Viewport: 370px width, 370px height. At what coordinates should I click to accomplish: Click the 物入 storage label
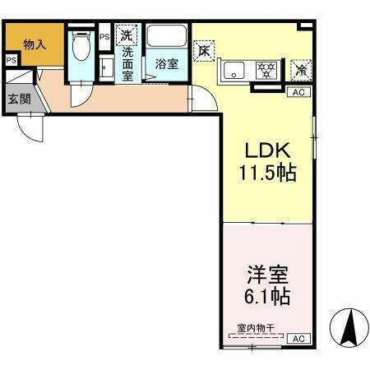coord(34,44)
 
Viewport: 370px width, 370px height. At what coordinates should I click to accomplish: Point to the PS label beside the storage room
coord(11,61)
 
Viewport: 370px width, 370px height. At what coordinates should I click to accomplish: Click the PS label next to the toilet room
coord(104,37)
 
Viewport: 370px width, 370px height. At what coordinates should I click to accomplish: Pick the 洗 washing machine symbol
coord(127,35)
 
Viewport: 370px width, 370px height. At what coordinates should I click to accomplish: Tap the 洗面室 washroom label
coord(128,63)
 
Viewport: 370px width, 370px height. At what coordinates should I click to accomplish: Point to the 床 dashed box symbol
coord(204,49)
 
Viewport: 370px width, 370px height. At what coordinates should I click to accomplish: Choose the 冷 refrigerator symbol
coord(300,69)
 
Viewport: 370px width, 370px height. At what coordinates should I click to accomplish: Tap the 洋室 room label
coord(266,272)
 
